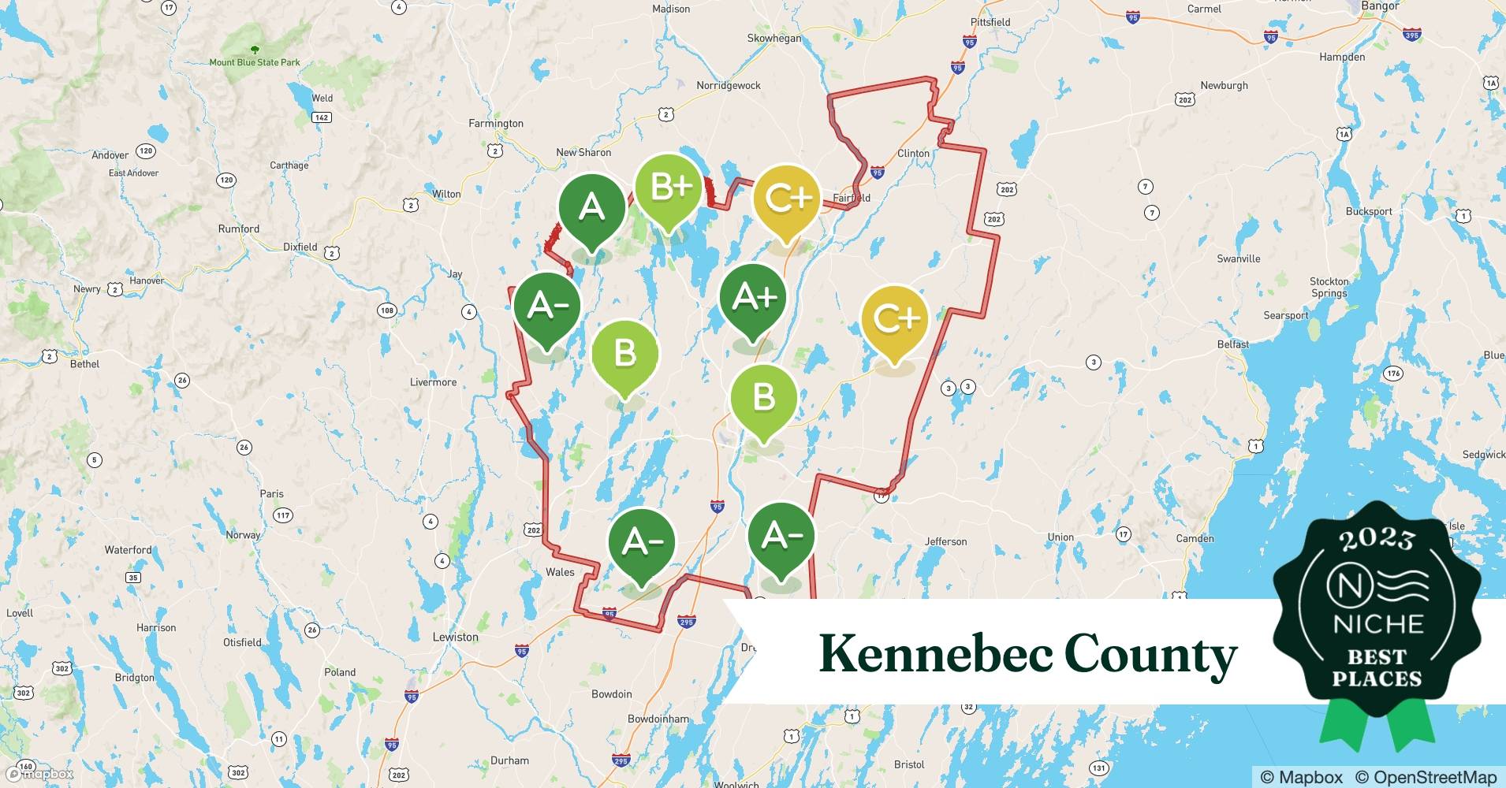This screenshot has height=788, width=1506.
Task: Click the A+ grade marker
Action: click(x=753, y=299)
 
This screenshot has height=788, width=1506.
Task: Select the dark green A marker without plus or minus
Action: click(x=591, y=209)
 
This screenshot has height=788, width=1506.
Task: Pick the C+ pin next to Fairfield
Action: click(x=787, y=199)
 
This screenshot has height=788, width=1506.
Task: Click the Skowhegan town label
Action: click(x=774, y=38)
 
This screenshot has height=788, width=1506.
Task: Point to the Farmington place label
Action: click(x=495, y=123)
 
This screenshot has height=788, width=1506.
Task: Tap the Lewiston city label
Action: click(x=455, y=637)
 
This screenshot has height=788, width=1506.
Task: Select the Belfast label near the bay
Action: click(x=1232, y=344)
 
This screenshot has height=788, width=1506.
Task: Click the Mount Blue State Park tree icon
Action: click(x=254, y=50)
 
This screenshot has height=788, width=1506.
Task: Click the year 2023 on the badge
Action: click(x=1377, y=539)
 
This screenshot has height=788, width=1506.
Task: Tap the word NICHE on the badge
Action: click(x=1377, y=624)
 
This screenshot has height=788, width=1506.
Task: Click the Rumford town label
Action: click(x=238, y=229)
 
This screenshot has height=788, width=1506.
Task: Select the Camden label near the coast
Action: click(x=1195, y=538)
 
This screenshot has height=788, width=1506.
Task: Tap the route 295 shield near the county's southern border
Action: click(x=686, y=622)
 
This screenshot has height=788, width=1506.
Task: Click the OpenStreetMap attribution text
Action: click(x=1425, y=777)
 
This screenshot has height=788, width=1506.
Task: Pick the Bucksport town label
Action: click(x=1368, y=211)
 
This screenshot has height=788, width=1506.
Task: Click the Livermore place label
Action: click(x=433, y=382)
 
